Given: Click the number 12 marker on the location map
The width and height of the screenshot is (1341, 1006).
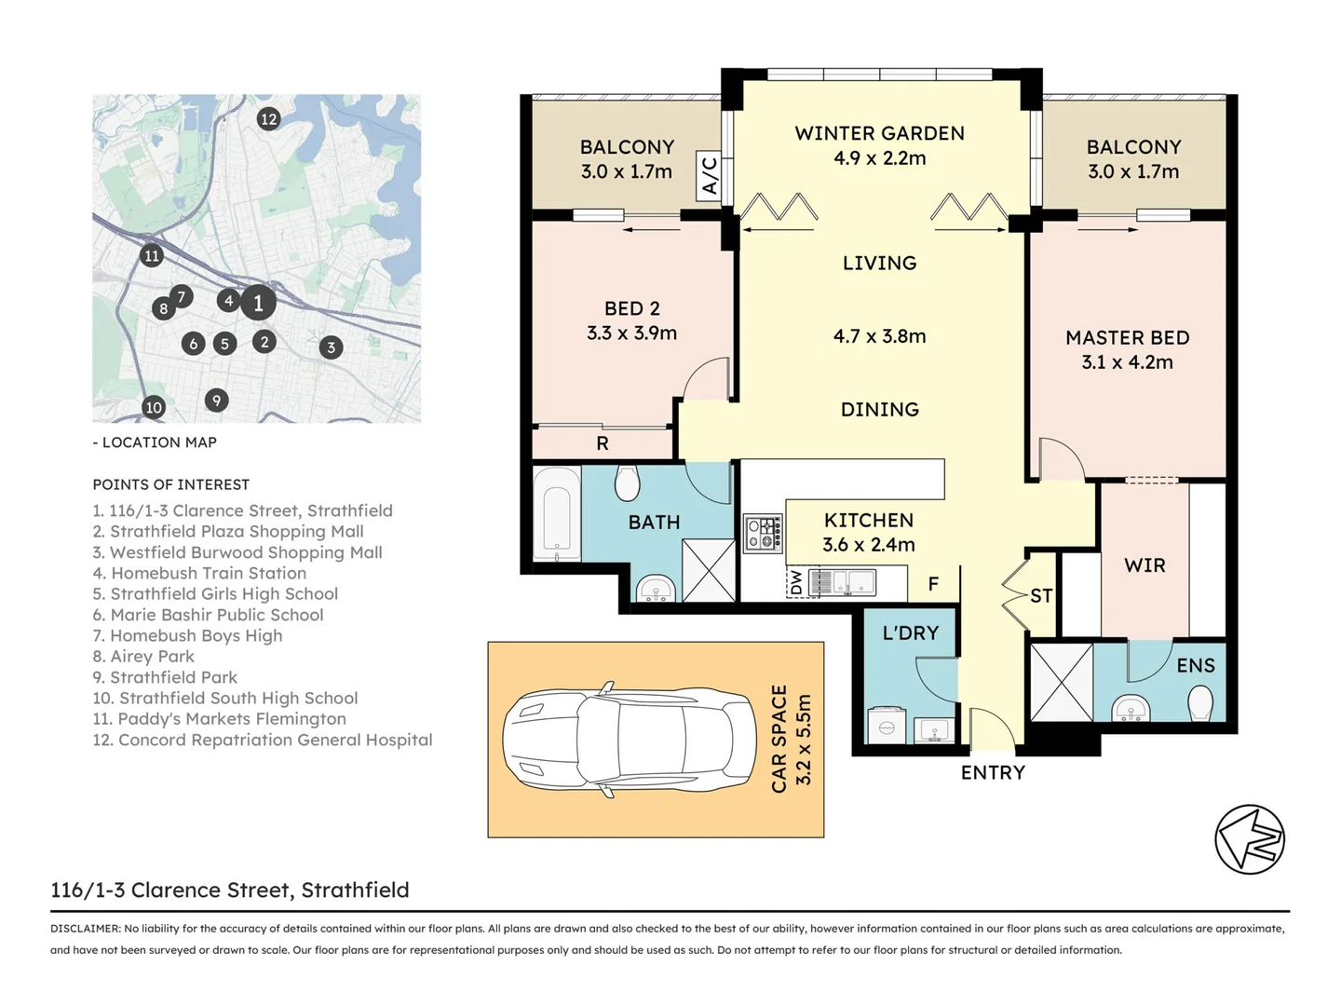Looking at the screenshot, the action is coord(269,118).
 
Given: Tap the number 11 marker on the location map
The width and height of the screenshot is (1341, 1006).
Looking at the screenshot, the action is coord(152,255).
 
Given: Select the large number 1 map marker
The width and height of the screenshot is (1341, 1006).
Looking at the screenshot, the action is coord(259,303).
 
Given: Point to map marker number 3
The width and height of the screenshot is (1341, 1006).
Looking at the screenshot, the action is coord(332,347).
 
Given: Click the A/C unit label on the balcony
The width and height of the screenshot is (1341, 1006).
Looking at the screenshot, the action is coord(709,176).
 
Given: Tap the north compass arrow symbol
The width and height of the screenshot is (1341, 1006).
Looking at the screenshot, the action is coord(1250,839).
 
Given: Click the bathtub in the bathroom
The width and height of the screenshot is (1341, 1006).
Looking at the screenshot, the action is coord(557,514).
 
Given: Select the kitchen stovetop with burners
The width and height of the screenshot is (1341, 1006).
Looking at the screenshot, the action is coord(763,534).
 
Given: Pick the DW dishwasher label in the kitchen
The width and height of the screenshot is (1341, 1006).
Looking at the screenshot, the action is coord(795,582).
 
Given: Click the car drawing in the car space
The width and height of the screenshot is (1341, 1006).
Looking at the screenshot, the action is coord(630,739).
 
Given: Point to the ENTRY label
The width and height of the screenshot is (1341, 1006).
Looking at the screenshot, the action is coord(993,773).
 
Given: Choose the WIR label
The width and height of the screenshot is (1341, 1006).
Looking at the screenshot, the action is coord(1145,565).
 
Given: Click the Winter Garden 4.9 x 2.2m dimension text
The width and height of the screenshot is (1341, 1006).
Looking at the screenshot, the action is coord(880,158).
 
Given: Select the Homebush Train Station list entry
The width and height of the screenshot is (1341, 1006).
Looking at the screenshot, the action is coord(200,573).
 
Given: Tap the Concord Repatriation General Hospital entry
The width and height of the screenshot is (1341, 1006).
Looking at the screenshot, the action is coord(263,740).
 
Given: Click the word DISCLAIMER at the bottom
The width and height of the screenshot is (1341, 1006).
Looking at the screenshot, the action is coord(86,929).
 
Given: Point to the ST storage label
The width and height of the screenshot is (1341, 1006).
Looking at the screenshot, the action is coord(1041,595).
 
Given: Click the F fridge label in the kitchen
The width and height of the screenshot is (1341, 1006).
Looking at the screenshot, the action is coord(933,585).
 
